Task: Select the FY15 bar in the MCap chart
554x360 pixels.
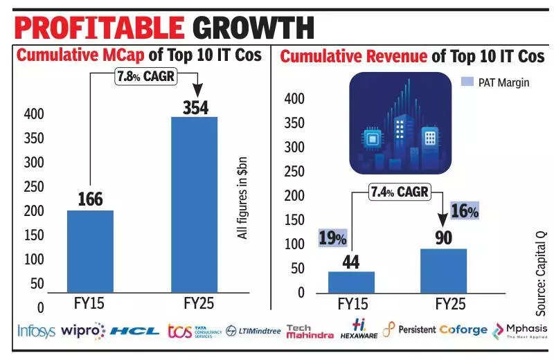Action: click(89, 251)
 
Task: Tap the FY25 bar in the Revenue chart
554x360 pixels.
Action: click(443, 270)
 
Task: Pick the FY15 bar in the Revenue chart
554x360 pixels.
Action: click(351, 282)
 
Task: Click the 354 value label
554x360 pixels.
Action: click(194, 107)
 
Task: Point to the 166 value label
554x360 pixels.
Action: click(89, 199)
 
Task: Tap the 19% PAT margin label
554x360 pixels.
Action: click(332, 239)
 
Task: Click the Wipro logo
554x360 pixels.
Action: click(82, 331)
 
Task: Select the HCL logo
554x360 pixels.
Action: click(134, 331)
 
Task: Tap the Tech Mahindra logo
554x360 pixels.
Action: click(309, 331)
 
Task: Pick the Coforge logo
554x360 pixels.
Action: click(463, 330)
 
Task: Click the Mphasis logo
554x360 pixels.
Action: click(520, 331)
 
